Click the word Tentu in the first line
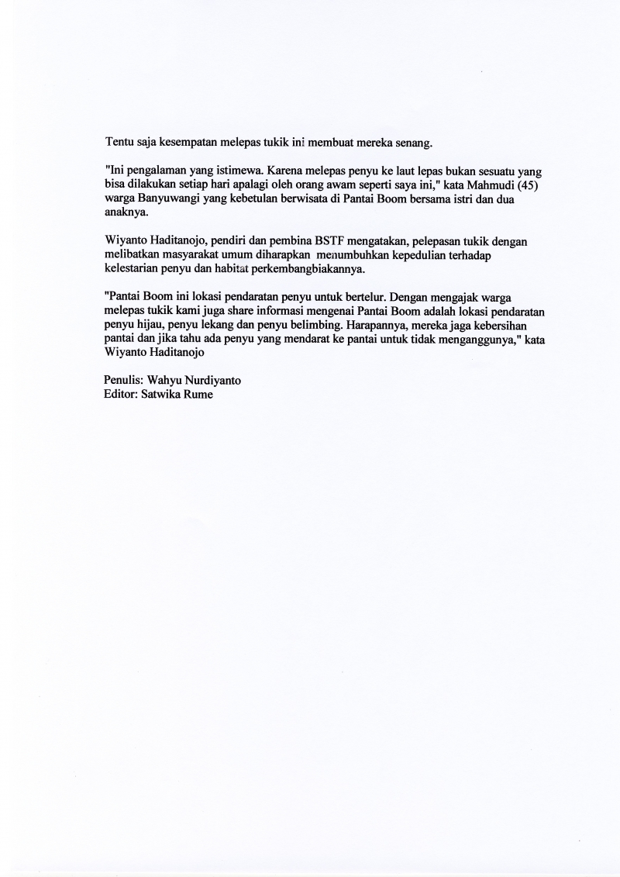pyautogui.click(x=119, y=143)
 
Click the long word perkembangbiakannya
pyautogui.click(x=309, y=270)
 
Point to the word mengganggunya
pyautogui.click(x=470, y=340)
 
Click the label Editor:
pyautogui.click(x=120, y=395)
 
